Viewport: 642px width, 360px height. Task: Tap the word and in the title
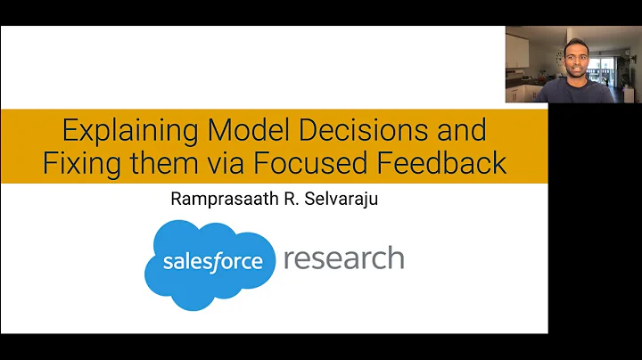[461, 131]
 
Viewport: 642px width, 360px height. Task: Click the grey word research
[343, 259]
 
